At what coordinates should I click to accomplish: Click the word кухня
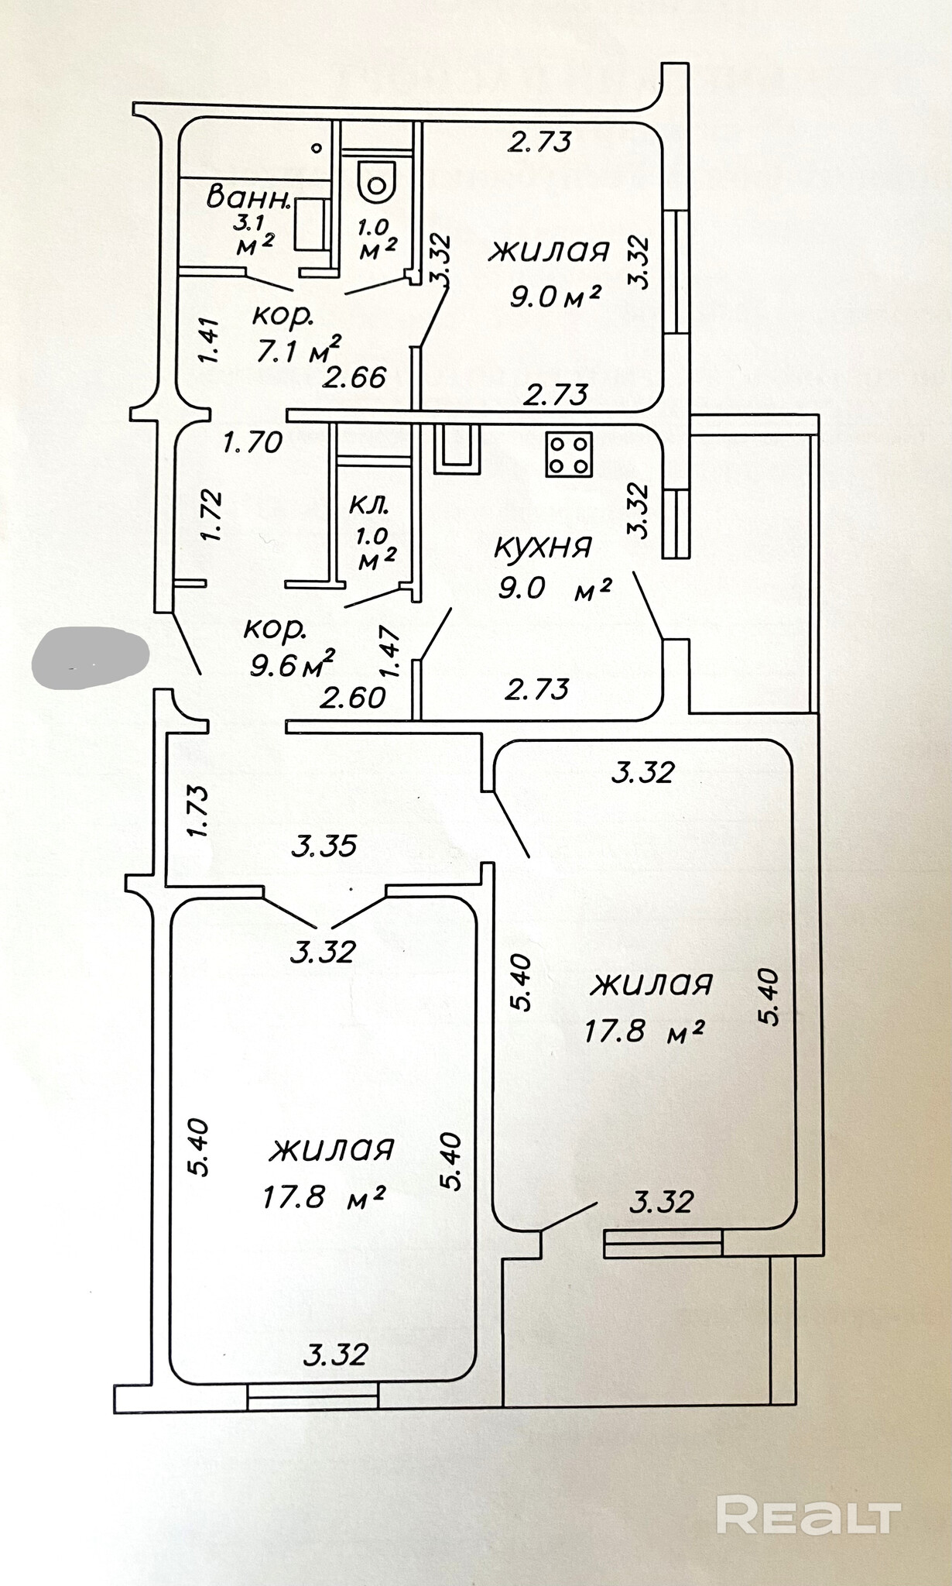(543, 547)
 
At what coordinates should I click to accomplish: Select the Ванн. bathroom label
(248, 197)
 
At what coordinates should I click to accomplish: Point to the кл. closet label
(368, 504)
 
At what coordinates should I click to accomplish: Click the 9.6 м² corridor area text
(292, 664)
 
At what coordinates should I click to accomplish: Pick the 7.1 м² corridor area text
(299, 351)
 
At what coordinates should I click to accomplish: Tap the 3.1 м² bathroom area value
(255, 235)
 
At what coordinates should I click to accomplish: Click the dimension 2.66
(354, 378)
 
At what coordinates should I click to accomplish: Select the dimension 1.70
(252, 443)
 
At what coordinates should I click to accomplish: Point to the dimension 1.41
(209, 341)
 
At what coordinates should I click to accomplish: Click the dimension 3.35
(324, 846)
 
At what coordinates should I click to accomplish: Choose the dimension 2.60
(353, 698)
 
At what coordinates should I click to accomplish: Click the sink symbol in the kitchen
(456, 450)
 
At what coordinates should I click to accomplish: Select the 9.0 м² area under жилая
(555, 296)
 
